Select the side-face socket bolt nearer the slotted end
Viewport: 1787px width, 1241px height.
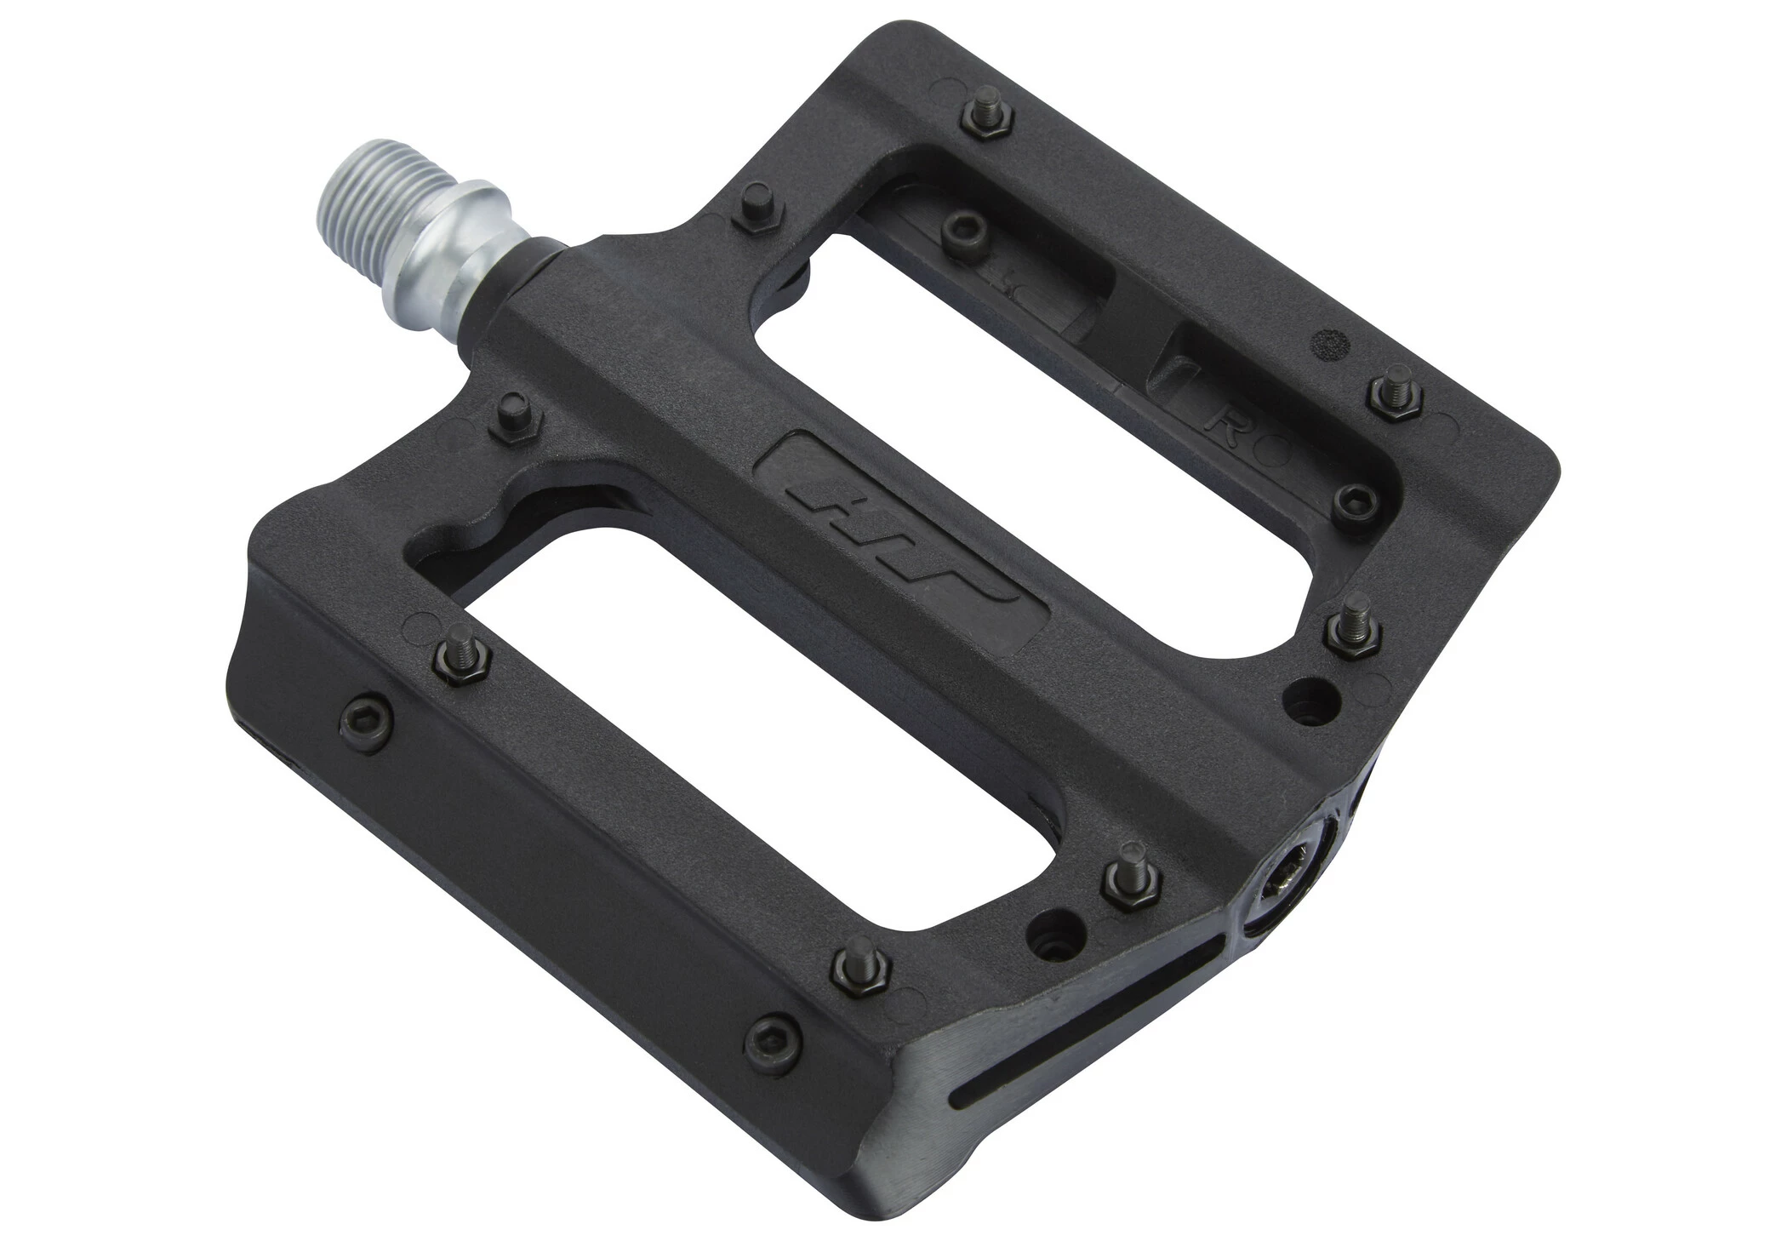coord(773,1035)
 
